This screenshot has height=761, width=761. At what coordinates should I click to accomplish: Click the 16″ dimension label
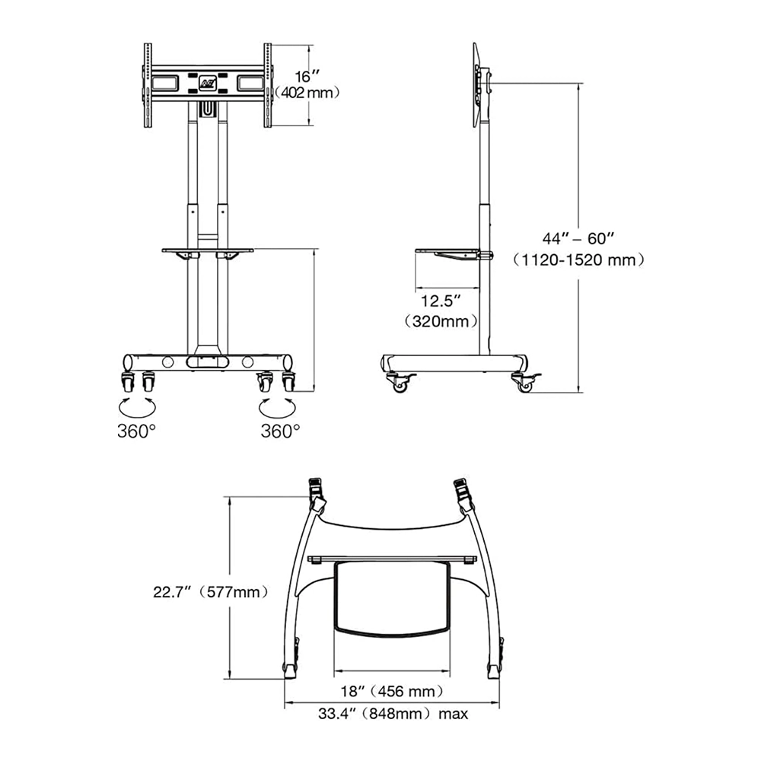click(307, 77)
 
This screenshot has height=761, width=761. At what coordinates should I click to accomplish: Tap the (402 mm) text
click(307, 93)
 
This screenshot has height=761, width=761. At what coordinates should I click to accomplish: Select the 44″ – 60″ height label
click(578, 239)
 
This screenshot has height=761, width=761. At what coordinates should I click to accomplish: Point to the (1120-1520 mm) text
click(579, 260)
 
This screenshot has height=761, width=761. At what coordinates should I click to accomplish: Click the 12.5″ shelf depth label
click(440, 301)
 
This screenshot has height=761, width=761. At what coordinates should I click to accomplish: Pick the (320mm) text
click(440, 321)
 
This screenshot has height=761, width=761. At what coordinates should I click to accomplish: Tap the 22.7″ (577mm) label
click(210, 592)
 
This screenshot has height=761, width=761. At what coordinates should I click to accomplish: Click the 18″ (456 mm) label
click(392, 691)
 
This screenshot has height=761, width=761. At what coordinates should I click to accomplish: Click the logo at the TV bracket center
click(205, 82)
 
